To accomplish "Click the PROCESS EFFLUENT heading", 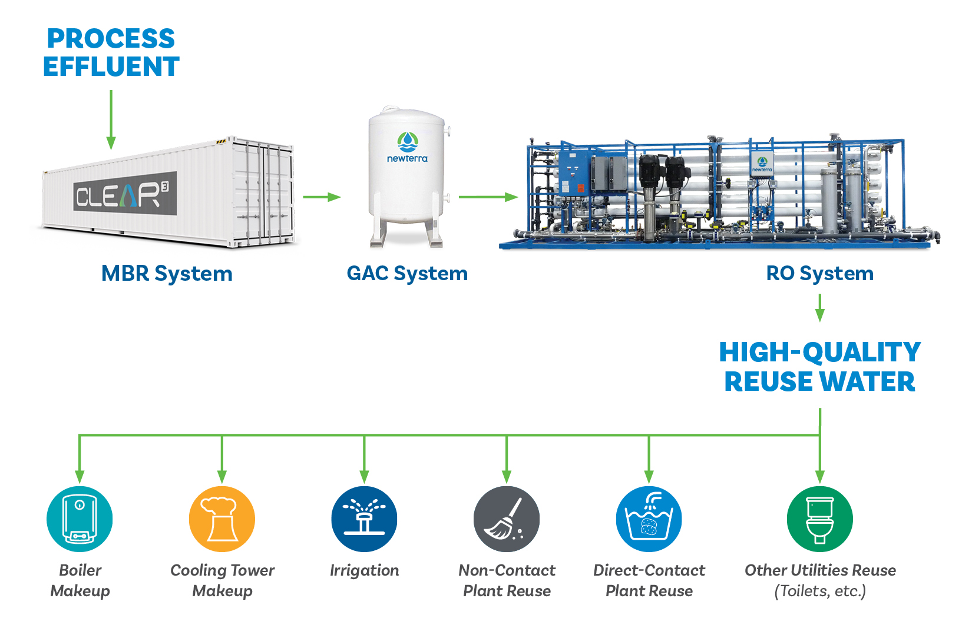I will click(111, 52).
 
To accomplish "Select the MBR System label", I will click(167, 273).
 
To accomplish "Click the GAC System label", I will click(407, 273).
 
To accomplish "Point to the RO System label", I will click(819, 273).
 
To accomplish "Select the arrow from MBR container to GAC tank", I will click(322, 197).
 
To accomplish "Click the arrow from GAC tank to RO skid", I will click(488, 197).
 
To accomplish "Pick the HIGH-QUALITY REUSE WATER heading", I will click(819, 367).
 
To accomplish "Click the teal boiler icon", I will click(80, 519).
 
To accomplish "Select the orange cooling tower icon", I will click(222, 519).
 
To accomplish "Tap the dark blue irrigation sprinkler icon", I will click(364, 519).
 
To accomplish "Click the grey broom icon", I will click(507, 519).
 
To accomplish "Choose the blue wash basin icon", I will click(649, 519).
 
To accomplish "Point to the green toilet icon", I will click(819, 519).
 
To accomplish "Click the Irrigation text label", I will click(364, 570).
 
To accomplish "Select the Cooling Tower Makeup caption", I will click(222, 580).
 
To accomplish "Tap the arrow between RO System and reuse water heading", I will click(819, 307).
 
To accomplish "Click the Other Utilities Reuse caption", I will click(819, 580).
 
